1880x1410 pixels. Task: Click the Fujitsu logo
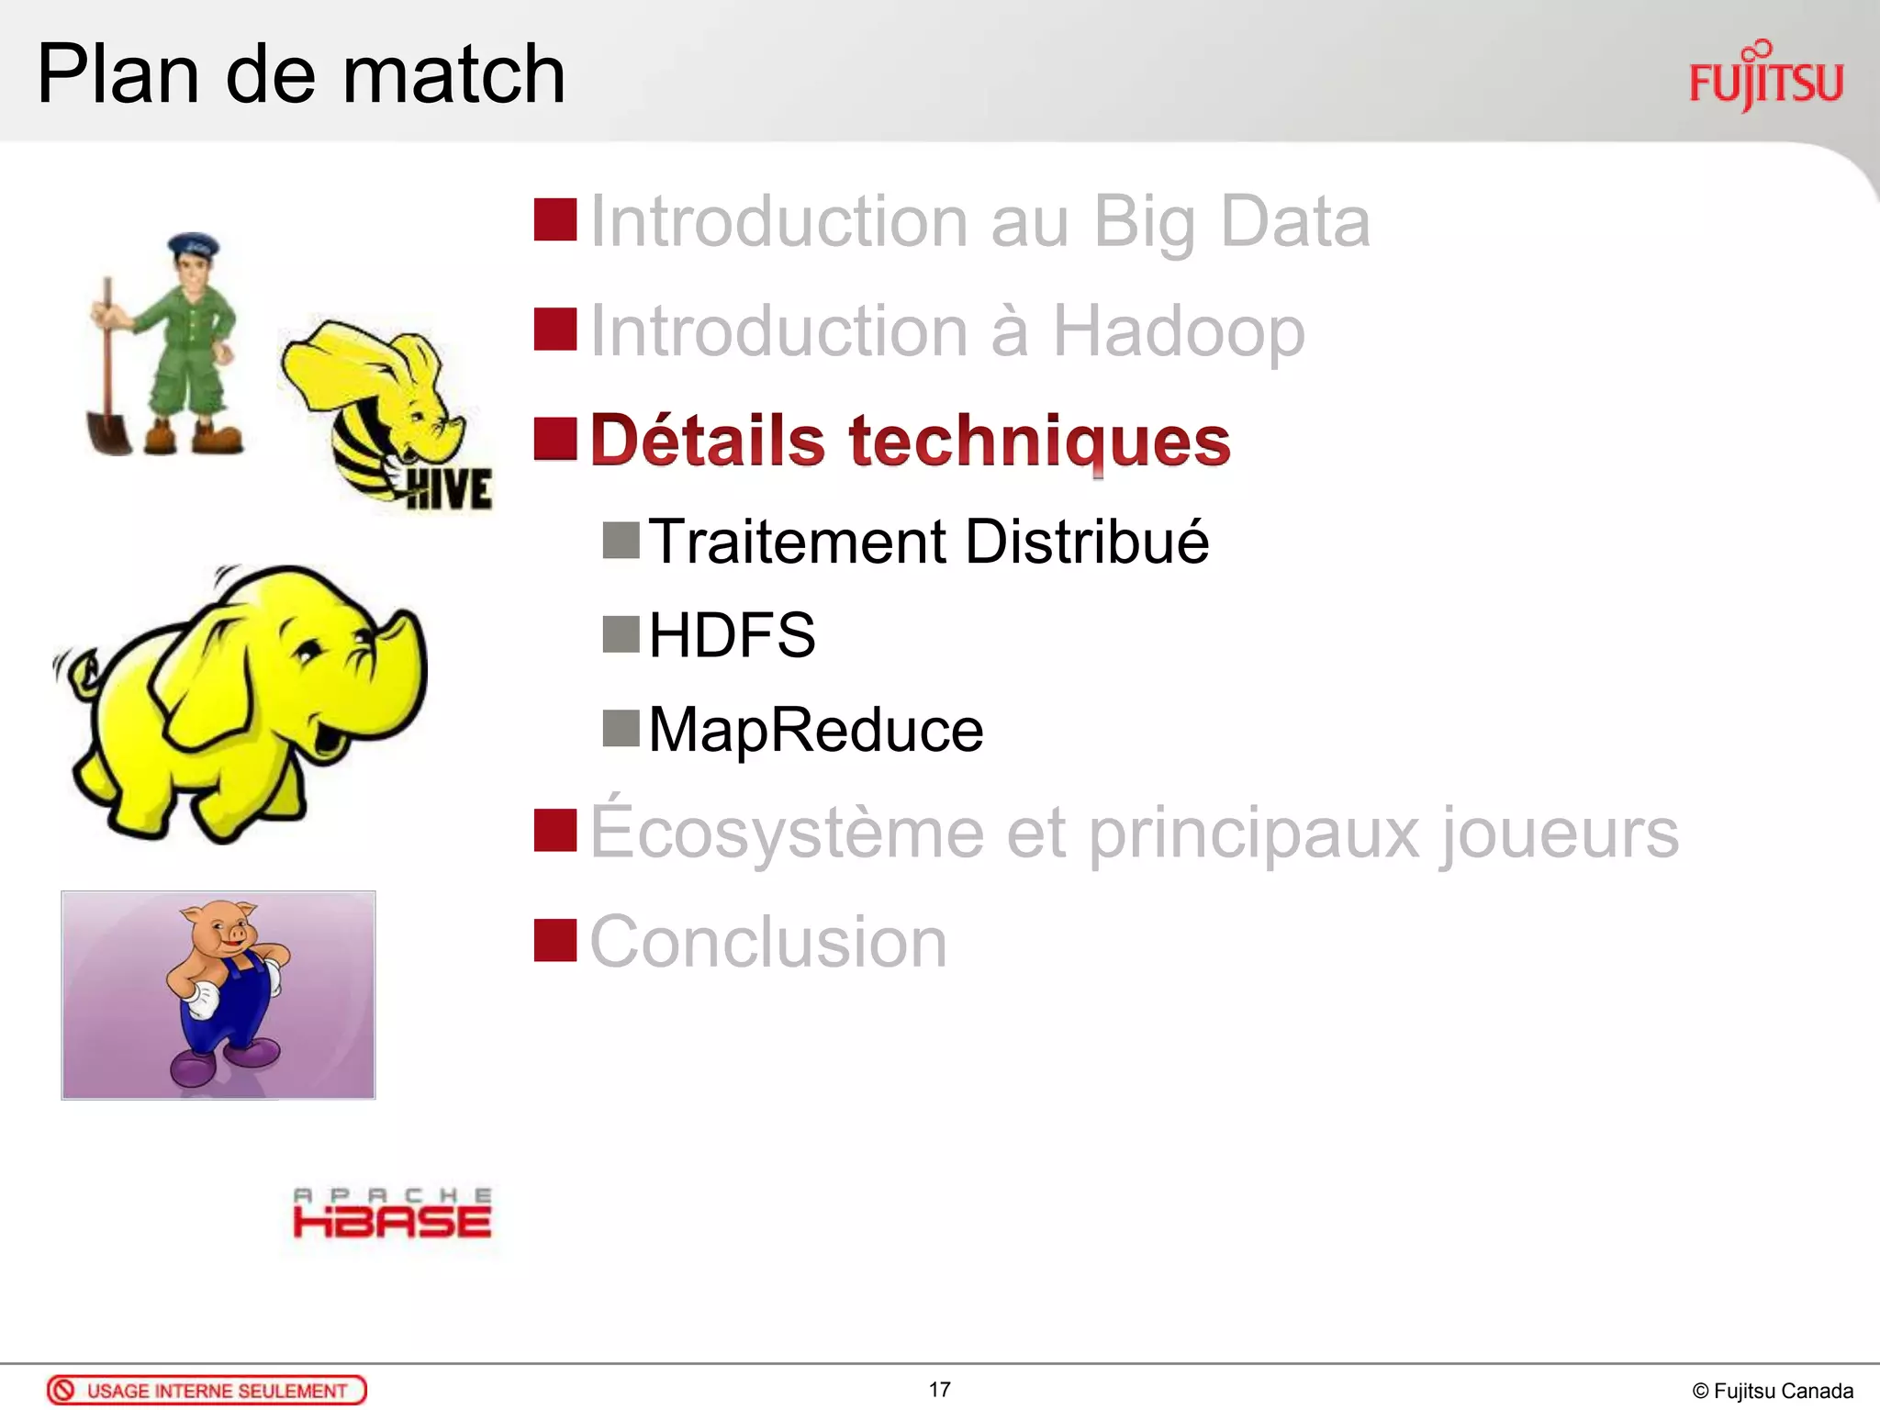click(1765, 79)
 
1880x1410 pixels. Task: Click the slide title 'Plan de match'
click(300, 74)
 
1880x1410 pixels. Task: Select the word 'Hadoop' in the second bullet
click(1178, 331)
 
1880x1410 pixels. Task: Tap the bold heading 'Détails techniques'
click(910, 441)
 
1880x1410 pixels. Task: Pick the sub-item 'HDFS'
click(732, 635)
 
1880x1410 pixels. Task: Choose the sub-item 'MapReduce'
click(816, 731)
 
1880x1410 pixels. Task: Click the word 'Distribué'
click(1087, 542)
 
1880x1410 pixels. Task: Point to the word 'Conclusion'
click(768, 942)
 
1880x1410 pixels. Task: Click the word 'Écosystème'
click(787, 832)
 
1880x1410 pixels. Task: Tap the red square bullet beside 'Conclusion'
click(554, 940)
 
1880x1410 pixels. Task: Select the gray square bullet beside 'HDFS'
click(621, 633)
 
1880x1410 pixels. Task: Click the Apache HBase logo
click(392, 1214)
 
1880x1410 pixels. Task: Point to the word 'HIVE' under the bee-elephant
click(449, 488)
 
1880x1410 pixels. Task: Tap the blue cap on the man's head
click(193, 245)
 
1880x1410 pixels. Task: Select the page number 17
click(939, 1390)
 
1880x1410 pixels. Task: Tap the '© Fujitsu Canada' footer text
click(1772, 1392)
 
